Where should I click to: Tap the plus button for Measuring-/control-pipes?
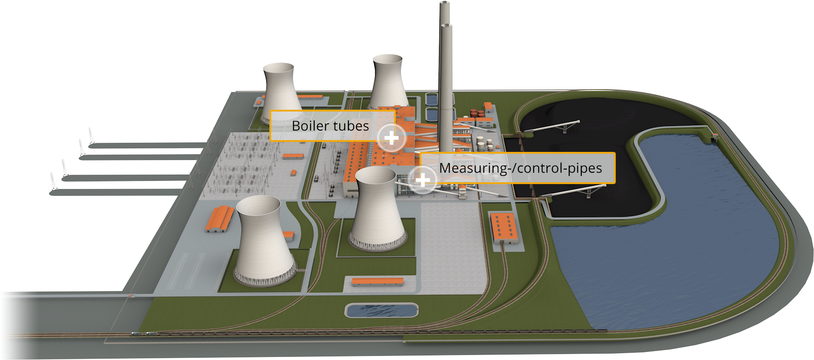pyautogui.click(x=423, y=180)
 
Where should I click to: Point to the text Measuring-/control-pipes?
pyautogui.click(x=520, y=168)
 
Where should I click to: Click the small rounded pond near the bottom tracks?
pyautogui.click(x=381, y=311)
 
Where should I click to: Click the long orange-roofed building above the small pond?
pyautogui.click(x=378, y=282)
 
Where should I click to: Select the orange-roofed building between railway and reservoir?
pyautogui.click(x=504, y=227)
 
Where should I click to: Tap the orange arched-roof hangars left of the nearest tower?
pyautogui.click(x=219, y=219)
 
